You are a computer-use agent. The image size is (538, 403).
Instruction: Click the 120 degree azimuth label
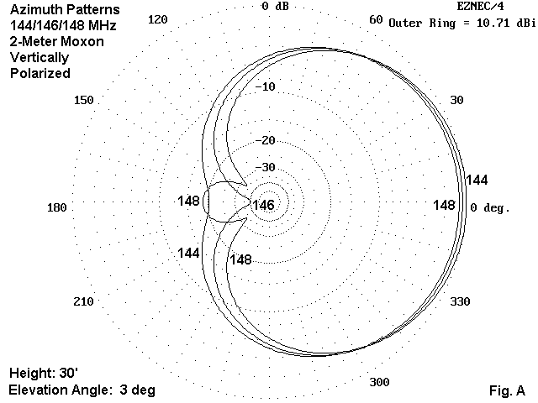point(158,19)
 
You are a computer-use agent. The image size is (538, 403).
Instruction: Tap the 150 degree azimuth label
point(84,100)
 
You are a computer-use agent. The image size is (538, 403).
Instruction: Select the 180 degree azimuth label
point(57,207)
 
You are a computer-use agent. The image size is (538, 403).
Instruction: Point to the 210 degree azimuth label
point(83,301)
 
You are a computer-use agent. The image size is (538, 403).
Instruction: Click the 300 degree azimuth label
point(379,382)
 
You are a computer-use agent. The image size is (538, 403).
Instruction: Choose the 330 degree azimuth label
point(460,301)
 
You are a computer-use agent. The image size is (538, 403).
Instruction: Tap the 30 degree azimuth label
point(456,100)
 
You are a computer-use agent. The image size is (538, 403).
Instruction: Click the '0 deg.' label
point(490,207)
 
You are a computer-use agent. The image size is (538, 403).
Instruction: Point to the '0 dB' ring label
point(275,6)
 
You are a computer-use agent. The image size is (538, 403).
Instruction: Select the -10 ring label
point(266,86)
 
